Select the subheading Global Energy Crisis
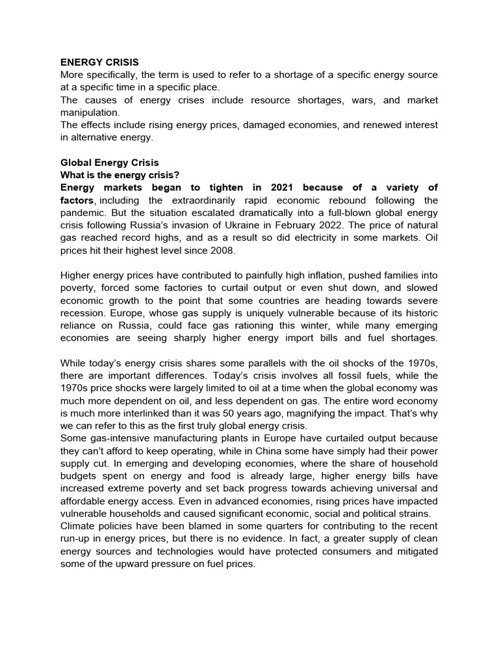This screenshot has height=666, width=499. [x=109, y=163]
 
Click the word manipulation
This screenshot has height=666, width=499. [x=90, y=112]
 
